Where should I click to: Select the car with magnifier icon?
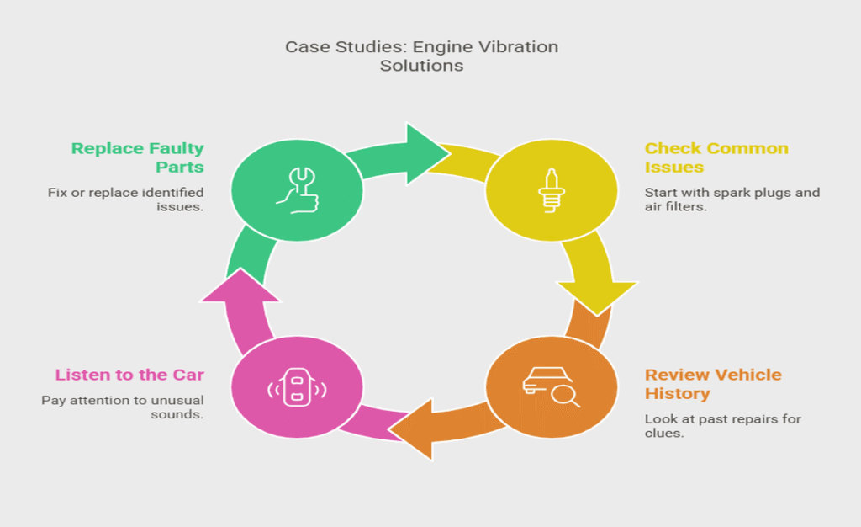552,386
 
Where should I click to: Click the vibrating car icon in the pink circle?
296,388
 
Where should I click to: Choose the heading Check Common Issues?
716,157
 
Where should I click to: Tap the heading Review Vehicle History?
713,384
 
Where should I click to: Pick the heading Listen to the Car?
129,375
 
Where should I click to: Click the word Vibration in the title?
520,46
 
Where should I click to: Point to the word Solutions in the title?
421,65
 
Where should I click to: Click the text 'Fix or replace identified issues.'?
125,200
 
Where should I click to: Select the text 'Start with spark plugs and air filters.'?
732,200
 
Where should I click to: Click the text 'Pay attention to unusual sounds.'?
123,407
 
